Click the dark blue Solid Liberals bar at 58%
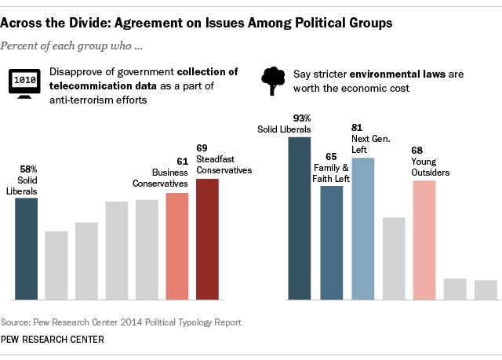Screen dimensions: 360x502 click(x=26, y=249)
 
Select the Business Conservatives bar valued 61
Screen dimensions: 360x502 click(x=176, y=246)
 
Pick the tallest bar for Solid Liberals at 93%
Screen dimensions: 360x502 click(x=300, y=218)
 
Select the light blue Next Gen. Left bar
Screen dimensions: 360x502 click(x=362, y=228)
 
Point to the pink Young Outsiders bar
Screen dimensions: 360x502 click(x=424, y=240)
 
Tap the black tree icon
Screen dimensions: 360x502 click(x=272, y=79)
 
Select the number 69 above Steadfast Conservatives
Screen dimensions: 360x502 click(x=202, y=147)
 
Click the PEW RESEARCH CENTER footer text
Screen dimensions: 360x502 click(x=52, y=340)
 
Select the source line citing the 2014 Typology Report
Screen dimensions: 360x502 click(x=121, y=322)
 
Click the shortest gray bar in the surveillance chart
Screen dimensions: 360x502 click(x=56, y=265)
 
